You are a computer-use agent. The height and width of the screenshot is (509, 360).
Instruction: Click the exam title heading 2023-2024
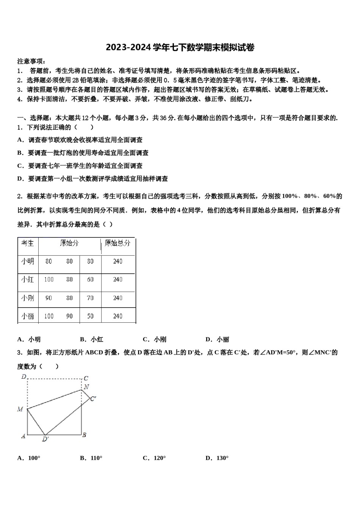(180, 47)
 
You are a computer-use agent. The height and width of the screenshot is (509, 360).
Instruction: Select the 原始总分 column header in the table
(117, 243)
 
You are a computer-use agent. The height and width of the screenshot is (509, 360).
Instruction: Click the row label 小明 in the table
(28, 261)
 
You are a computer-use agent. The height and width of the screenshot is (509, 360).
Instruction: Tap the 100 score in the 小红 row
(49, 279)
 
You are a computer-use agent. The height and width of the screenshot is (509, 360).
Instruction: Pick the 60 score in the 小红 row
(90, 279)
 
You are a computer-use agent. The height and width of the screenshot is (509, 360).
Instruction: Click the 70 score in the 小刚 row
(90, 298)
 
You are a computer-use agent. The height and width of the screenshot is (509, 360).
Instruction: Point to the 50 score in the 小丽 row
(90, 316)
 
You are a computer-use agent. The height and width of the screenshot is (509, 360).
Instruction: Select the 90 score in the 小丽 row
(69, 316)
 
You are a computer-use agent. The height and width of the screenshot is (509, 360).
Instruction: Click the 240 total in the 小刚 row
(118, 298)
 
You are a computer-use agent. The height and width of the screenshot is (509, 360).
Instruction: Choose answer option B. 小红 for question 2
(92, 339)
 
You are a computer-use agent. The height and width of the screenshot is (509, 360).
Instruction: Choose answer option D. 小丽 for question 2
(217, 339)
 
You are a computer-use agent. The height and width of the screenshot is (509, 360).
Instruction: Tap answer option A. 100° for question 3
(29, 458)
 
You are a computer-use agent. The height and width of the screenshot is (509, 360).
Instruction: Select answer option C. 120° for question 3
(154, 458)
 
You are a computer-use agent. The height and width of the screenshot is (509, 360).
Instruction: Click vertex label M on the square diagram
(20, 409)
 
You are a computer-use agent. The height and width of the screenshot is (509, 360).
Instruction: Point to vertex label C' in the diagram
(93, 398)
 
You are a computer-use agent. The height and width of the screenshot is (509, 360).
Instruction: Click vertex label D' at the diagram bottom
(45, 439)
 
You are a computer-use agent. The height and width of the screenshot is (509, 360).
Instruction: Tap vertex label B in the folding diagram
(85, 435)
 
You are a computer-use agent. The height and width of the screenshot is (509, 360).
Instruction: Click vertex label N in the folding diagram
(86, 387)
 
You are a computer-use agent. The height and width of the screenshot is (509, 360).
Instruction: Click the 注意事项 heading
(31, 61)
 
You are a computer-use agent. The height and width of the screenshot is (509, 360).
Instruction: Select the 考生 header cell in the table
(28, 243)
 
